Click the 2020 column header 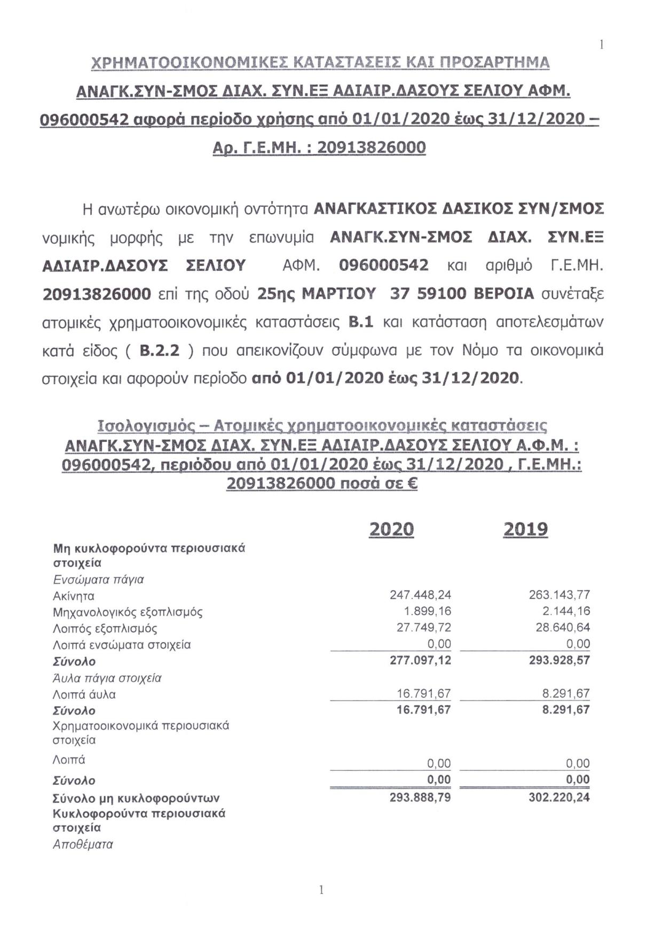(391, 529)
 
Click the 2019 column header (525, 529)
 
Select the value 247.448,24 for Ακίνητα (421, 595)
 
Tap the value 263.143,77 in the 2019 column (559, 595)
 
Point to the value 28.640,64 (563, 627)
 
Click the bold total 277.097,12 (421, 660)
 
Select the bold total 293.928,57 (559, 660)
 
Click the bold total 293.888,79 (421, 798)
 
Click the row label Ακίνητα (74, 596)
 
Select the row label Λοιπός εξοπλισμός (105, 628)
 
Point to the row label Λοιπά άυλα (84, 694)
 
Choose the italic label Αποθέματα (83, 845)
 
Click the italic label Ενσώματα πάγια (99, 580)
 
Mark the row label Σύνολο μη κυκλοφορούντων (136, 798)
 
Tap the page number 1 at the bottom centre (321, 890)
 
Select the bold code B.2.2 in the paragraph (159, 351)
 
